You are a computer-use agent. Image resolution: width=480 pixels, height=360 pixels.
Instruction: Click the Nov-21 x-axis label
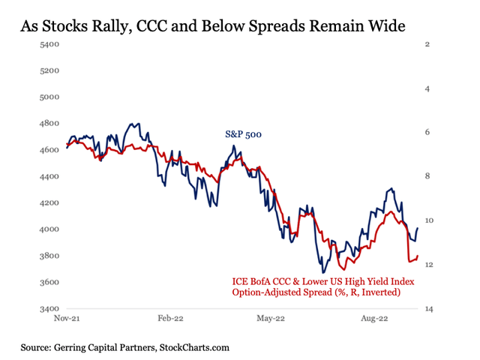[67, 319]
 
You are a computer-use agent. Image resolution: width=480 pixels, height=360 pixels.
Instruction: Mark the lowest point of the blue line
[323, 272]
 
